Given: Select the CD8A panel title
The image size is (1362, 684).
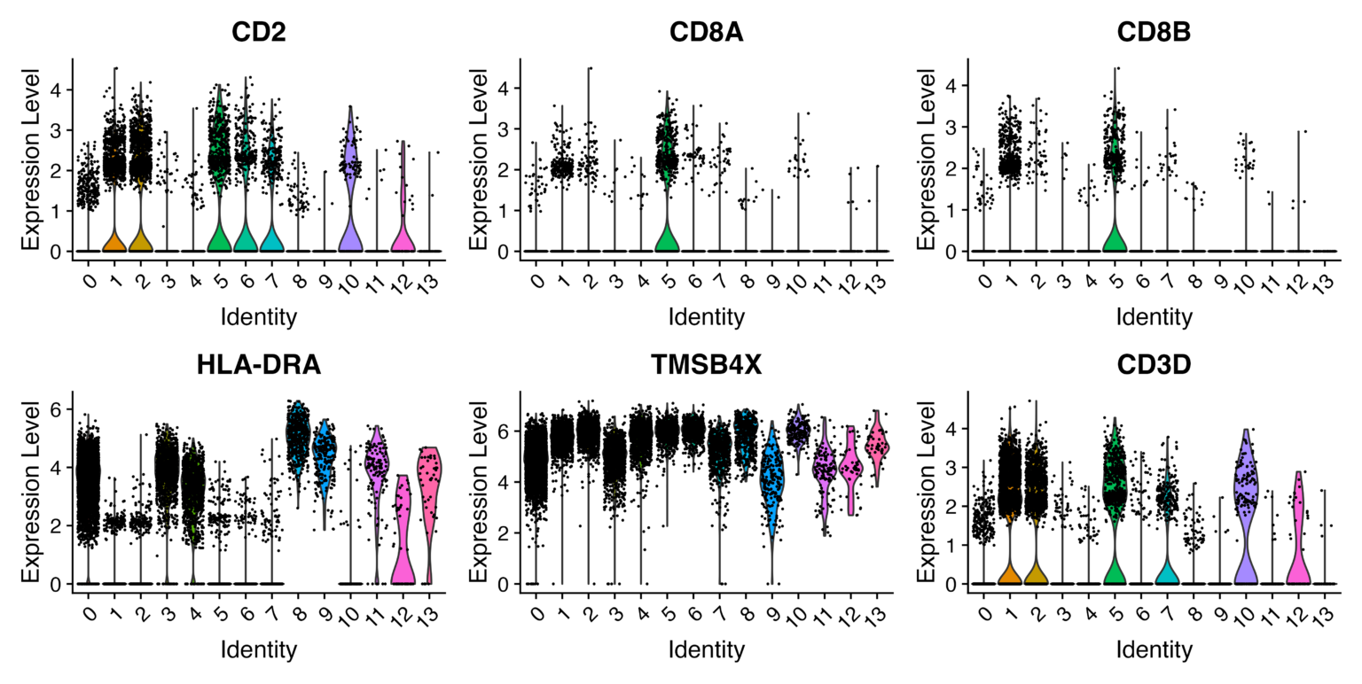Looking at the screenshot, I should pyautogui.click(x=706, y=33).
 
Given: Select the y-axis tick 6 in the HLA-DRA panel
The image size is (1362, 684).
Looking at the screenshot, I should pyautogui.click(x=56, y=409).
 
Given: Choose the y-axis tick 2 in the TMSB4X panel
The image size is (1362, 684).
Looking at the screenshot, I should pyautogui.click(x=502, y=533).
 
